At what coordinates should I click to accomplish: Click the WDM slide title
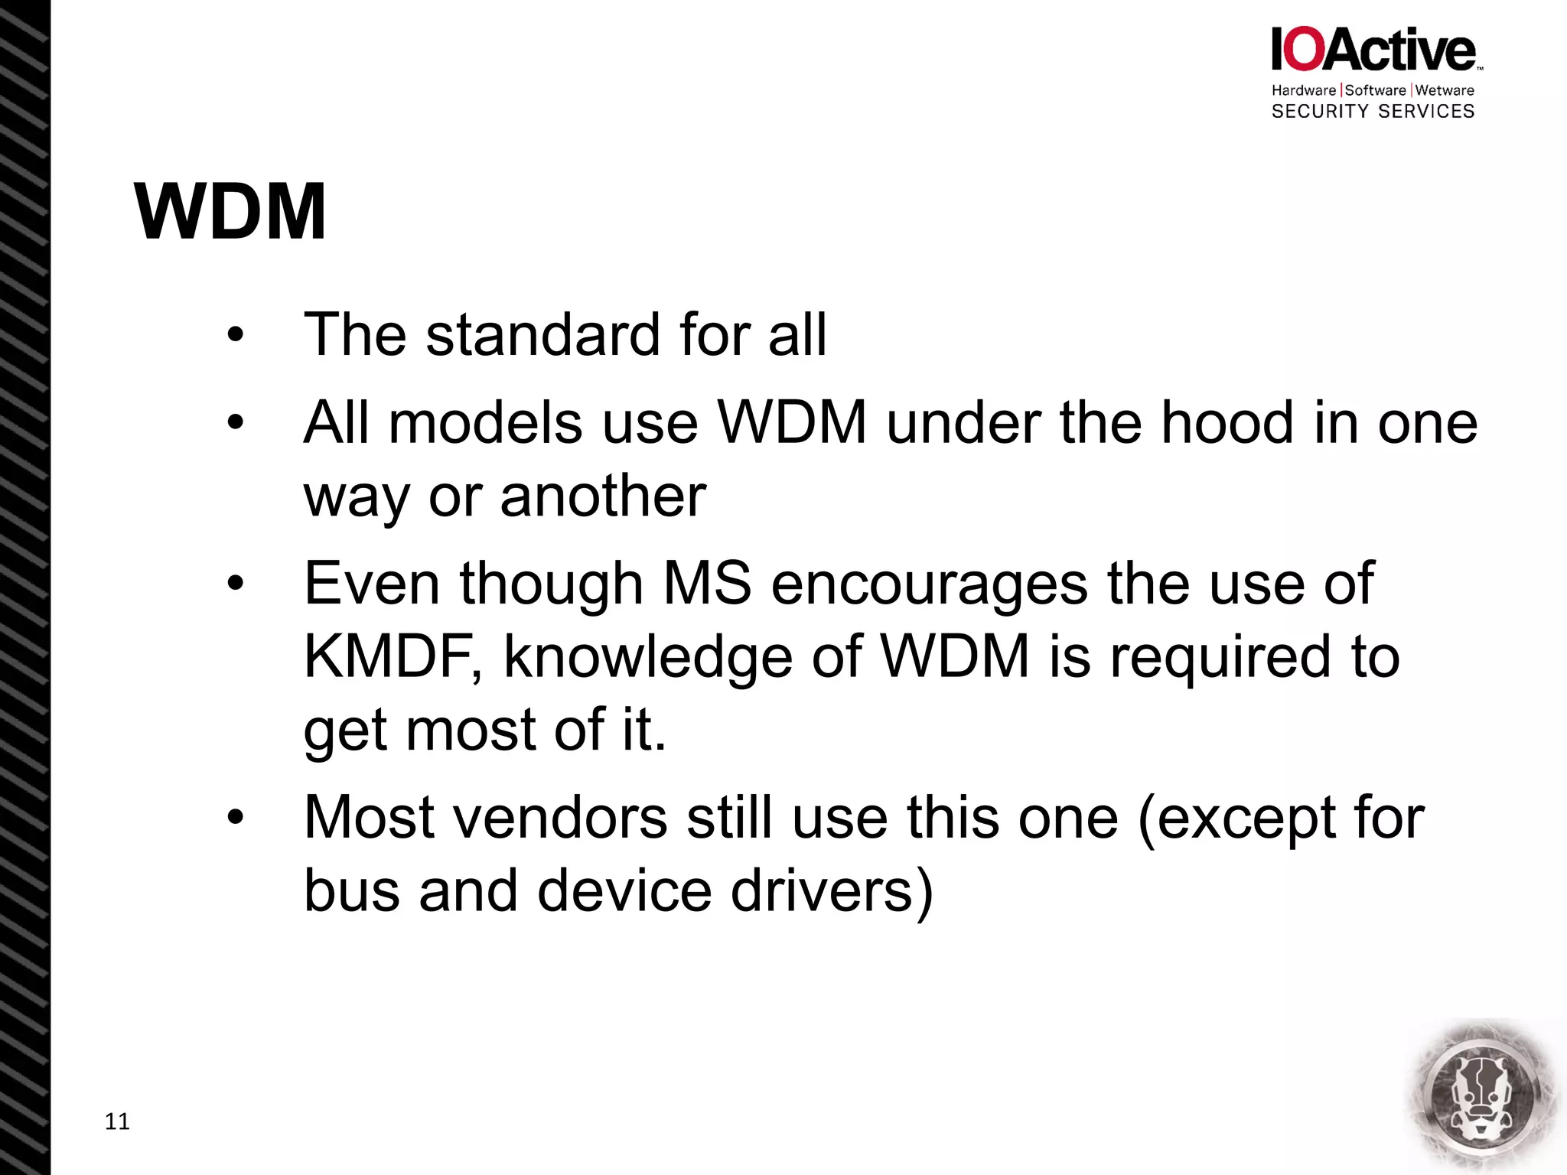[x=230, y=212]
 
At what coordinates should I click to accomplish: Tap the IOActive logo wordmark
[x=1373, y=50]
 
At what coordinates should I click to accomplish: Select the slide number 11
[x=117, y=1121]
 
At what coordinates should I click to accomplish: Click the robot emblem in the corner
[x=1483, y=1096]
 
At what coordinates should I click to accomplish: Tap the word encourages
[x=929, y=584]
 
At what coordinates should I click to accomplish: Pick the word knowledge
[x=648, y=658]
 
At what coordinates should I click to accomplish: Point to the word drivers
[x=832, y=891]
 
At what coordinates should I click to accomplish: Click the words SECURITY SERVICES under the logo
[x=1373, y=112]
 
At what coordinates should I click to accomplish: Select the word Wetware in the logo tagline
[x=1445, y=90]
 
